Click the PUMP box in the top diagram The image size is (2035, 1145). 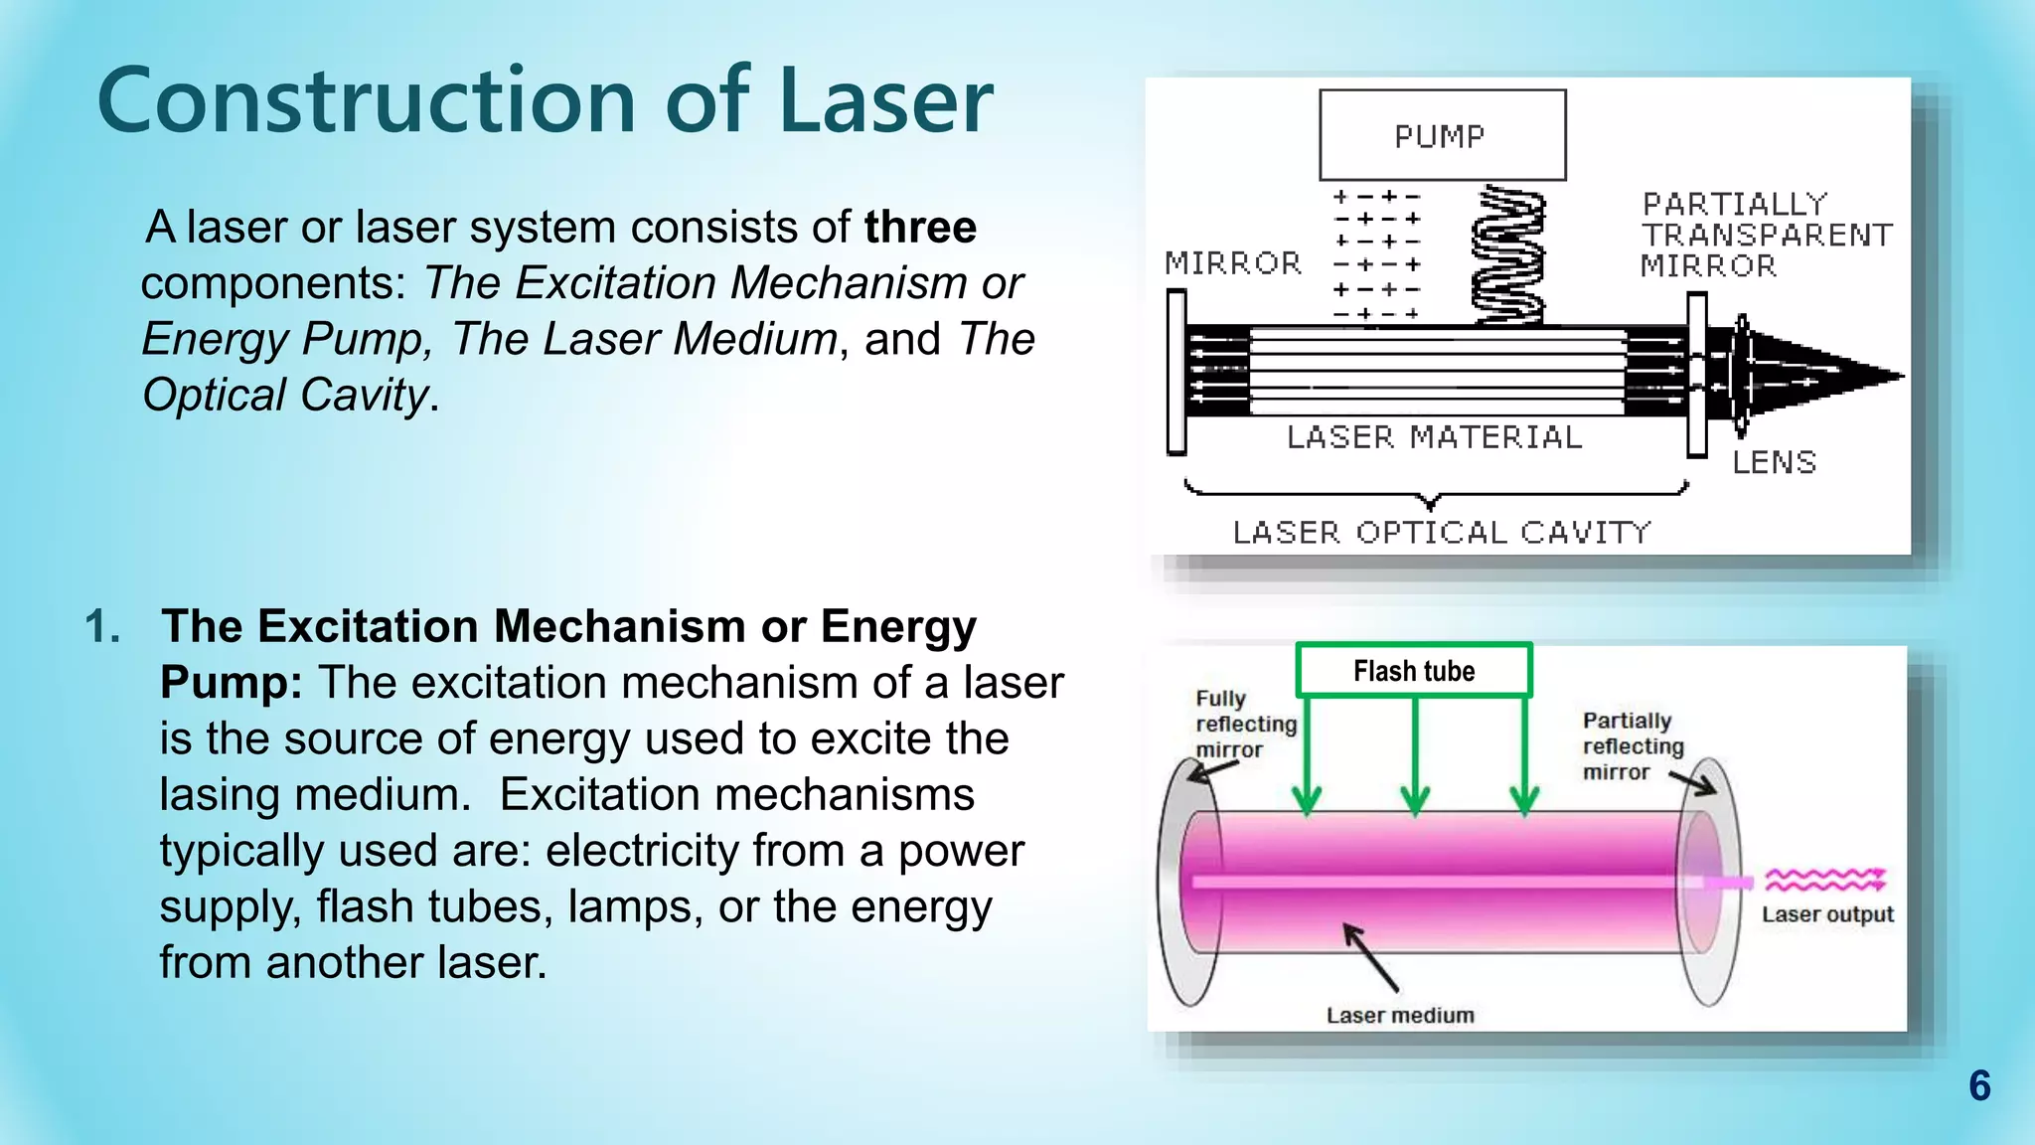click(x=1442, y=135)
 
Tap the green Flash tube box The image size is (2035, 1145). click(x=1414, y=671)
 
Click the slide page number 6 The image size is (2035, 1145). click(x=1979, y=1086)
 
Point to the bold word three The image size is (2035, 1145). click(x=920, y=228)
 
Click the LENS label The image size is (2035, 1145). click(x=1775, y=462)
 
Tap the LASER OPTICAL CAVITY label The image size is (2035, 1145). click(x=1442, y=533)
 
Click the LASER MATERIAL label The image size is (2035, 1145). click(x=1434, y=437)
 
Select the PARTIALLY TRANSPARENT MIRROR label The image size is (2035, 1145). click(x=1766, y=235)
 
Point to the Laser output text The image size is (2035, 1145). click(x=1827, y=914)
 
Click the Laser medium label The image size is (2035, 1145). click(x=1400, y=1015)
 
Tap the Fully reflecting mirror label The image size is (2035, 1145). click(x=1245, y=724)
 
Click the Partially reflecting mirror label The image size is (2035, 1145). click(x=1633, y=746)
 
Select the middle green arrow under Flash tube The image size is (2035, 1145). click(x=1415, y=755)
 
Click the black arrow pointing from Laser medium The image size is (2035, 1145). click(x=1370, y=956)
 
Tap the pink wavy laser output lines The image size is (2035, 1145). click(x=1824, y=880)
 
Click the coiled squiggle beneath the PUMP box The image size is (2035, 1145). click(x=1507, y=255)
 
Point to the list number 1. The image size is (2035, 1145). click(x=102, y=627)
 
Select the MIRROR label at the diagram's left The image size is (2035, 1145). click(x=1233, y=263)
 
